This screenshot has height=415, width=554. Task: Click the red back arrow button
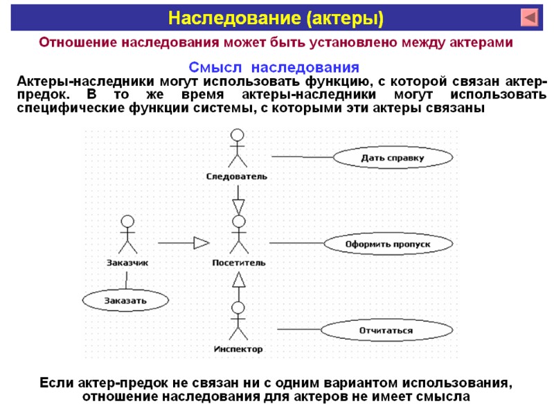530,17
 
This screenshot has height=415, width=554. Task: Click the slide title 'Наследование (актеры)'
277,17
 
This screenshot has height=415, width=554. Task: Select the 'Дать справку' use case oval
392,158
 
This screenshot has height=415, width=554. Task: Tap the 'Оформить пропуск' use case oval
388,243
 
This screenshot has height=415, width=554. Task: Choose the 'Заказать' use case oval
125,300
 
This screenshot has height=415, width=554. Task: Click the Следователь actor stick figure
238,148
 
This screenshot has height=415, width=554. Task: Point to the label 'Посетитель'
238,263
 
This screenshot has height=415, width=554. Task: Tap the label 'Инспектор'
238,349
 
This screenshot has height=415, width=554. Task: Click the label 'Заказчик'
127,263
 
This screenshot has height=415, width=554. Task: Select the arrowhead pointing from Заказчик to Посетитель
201,243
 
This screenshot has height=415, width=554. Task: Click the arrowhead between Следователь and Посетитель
239,206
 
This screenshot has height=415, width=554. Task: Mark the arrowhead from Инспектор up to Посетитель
239,280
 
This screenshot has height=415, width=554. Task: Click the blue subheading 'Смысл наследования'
274,68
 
